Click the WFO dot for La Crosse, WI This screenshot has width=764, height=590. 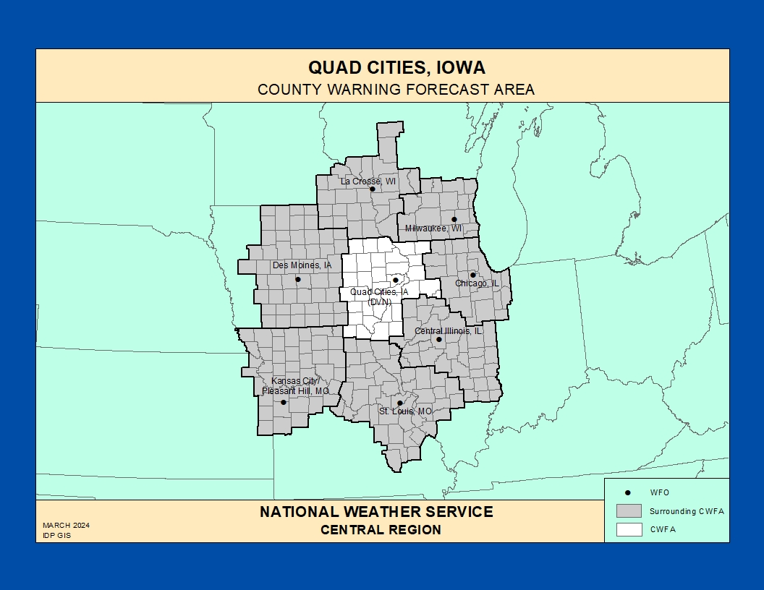point(373,189)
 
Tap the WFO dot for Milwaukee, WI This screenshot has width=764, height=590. point(454,219)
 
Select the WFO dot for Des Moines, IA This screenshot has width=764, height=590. point(297,279)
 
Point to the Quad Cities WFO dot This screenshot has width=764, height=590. point(395,280)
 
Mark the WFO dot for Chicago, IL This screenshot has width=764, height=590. point(472,275)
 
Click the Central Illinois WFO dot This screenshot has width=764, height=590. point(438,339)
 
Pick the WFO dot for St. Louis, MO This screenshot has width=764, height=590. point(399,403)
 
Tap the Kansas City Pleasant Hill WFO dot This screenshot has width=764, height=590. point(283,402)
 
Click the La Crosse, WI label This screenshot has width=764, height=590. point(368,181)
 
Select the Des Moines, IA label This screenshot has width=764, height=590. point(302,265)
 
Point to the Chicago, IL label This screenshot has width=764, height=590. point(477,283)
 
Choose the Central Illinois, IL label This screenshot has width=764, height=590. point(448,330)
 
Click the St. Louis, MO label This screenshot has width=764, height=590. point(405,411)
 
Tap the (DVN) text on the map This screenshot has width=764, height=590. point(379,302)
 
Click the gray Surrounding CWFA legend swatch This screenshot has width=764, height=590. point(629,510)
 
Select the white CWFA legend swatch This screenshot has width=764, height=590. point(629,529)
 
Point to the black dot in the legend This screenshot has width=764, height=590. point(628,492)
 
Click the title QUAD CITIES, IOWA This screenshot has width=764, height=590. point(396,68)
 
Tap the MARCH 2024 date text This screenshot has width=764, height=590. point(66,526)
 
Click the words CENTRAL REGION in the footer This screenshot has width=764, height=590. point(381,530)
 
